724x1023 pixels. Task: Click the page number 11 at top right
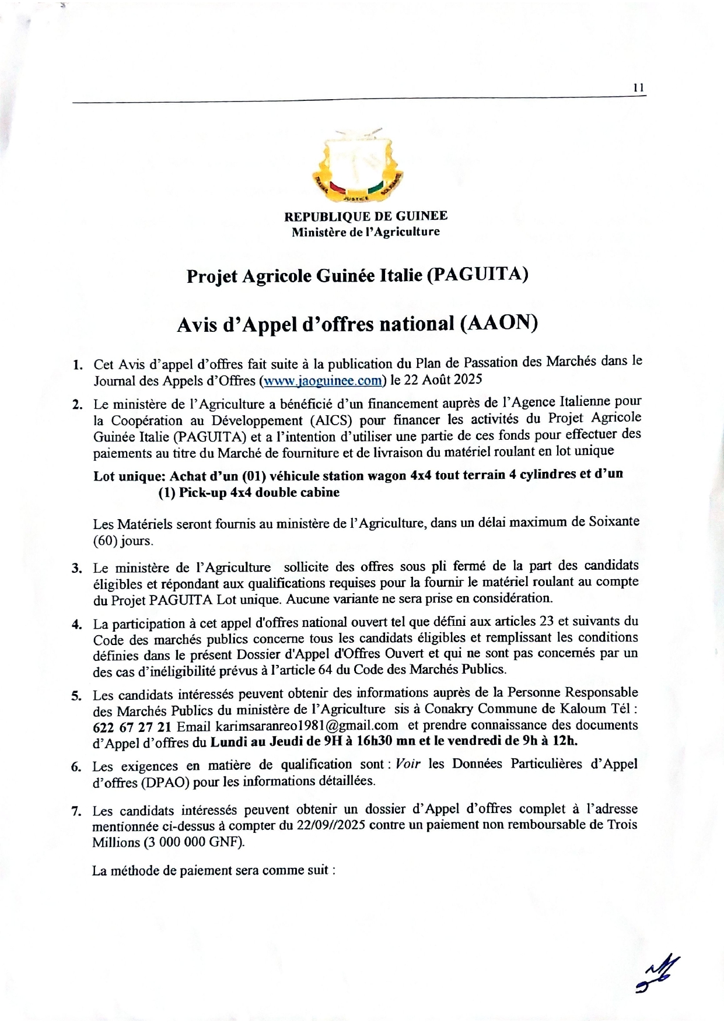638,88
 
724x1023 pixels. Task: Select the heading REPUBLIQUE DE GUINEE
366,216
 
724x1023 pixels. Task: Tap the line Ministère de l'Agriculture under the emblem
366,232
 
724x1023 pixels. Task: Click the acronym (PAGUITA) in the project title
478,275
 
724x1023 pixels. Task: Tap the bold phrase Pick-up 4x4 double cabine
259,492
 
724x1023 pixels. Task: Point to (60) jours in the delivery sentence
123,541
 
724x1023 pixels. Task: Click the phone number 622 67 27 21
132,727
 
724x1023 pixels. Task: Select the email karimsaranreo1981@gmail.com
307,726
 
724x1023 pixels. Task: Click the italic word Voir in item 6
407,764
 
